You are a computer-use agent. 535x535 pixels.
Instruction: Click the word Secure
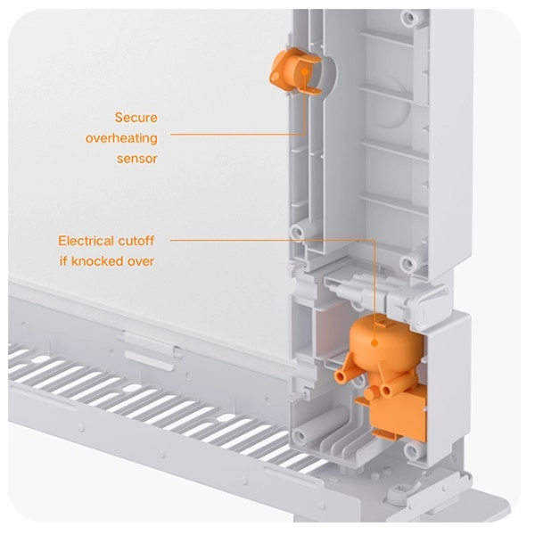pos(136,118)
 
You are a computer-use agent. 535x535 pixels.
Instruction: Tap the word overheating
pos(121,138)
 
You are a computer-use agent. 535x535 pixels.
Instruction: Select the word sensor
pos(136,159)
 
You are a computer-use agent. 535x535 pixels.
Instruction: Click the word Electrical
pos(86,241)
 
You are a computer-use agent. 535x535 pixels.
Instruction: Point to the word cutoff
pos(136,241)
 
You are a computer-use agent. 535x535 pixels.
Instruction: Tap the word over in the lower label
pos(141,261)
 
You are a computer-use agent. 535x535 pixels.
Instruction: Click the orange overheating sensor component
pos(295,71)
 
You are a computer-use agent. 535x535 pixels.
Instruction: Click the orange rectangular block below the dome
pos(398,416)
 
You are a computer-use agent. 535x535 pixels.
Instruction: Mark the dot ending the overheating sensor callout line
pos(305,71)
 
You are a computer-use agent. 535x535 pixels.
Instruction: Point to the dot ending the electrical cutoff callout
pos(374,342)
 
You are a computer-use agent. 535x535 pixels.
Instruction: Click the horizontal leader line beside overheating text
pos(237,135)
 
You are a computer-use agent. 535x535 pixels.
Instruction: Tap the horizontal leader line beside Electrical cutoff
pos(272,240)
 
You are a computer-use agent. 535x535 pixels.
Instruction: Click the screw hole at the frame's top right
pos(408,17)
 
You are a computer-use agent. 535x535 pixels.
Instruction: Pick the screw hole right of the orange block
pos(412,450)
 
